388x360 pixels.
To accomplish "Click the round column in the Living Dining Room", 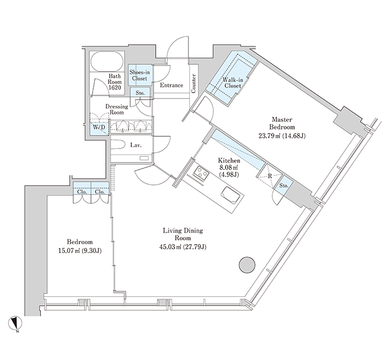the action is [x=247, y=265].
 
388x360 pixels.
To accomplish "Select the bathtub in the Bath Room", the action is [x=107, y=61].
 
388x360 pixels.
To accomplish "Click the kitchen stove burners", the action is [x=201, y=173].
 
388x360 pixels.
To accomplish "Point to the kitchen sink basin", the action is [x=231, y=196].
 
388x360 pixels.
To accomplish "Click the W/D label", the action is [x=99, y=127].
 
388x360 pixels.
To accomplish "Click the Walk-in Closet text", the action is [x=233, y=83].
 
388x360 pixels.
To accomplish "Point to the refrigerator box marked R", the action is [x=270, y=176].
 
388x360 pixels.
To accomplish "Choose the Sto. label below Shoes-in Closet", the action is [x=140, y=93].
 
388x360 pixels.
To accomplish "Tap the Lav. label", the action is [x=136, y=145].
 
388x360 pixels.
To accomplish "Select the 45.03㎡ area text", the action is [x=170, y=247].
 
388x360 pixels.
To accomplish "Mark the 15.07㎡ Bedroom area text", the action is [x=69, y=251].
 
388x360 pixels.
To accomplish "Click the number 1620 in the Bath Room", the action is [x=115, y=88].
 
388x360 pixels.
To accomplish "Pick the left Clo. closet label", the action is [x=82, y=192].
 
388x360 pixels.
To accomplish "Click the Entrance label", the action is [x=171, y=85].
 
